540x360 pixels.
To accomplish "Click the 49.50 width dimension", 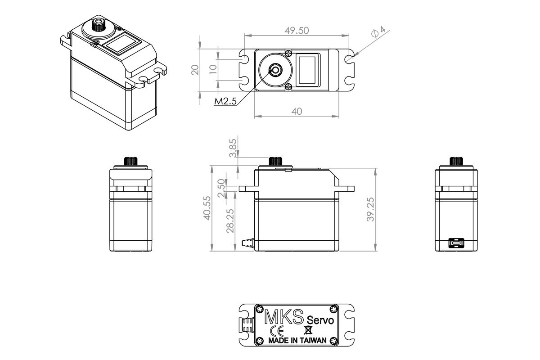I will (297, 30).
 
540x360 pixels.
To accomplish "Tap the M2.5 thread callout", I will (225, 102).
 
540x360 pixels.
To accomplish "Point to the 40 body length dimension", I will (297, 111).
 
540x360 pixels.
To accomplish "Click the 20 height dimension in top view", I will (194, 69).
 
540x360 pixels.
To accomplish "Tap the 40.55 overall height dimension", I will (207, 208).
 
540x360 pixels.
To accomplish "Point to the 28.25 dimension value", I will (230, 220).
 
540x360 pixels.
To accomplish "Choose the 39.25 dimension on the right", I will (370, 209).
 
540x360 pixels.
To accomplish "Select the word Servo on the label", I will (320, 320).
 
